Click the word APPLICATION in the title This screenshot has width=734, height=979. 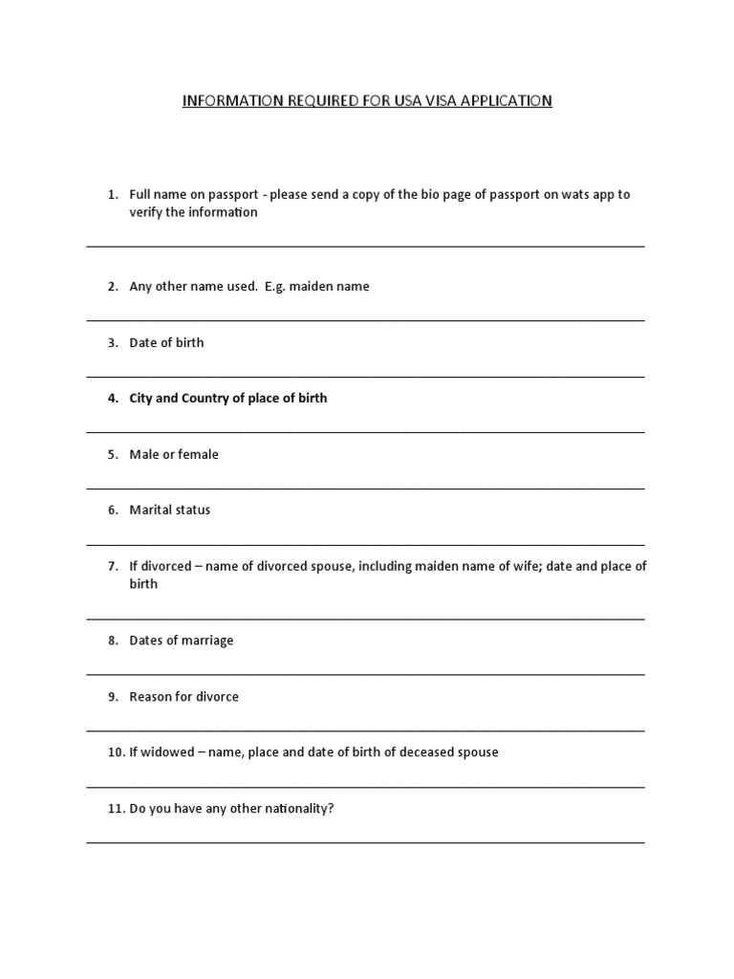click(505, 100)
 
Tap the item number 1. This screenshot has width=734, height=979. click(112, 194)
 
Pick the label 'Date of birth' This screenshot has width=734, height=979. click(166, 342)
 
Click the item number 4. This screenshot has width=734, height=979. click(112, 398)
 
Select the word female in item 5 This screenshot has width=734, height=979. click(198, 454)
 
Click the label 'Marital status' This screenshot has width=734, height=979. click(170, 510)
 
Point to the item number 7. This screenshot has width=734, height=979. click(112, 566)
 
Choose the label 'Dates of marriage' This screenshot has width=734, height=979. click(182, 641)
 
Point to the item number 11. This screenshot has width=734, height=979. click(115, 808)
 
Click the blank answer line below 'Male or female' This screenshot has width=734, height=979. click(365, 489)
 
